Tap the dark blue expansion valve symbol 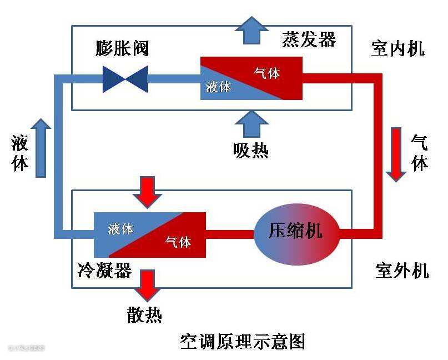tap(125, 78)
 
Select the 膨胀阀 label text tap(122, 48)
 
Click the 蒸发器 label tap(309, 39)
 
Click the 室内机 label tap(397, 48)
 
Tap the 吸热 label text tap(251, 150)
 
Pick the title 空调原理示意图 tap(243, 341)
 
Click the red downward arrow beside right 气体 tap(396, 154)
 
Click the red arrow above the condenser tap(147, 191)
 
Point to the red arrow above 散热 tap(147, 284)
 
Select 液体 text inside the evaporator tap(218, 87)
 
